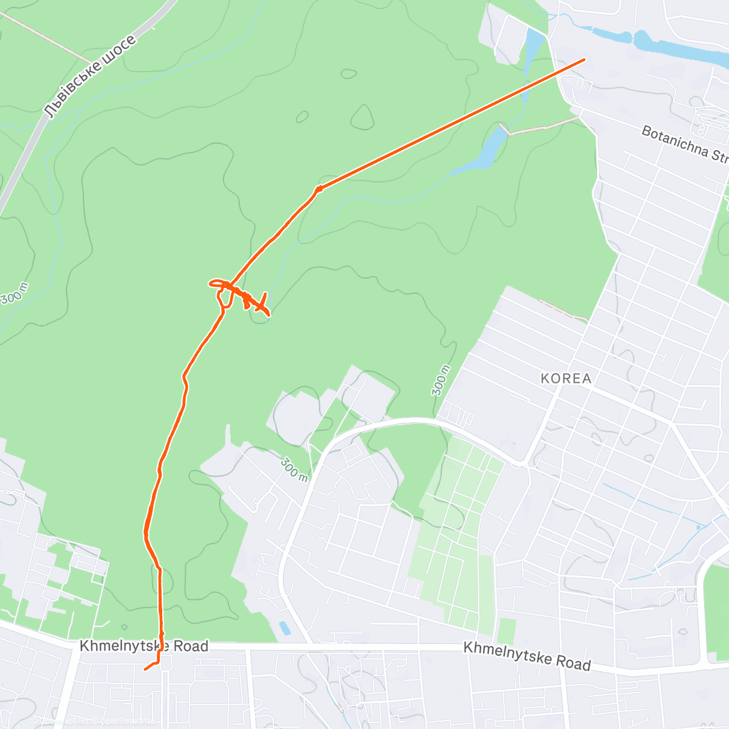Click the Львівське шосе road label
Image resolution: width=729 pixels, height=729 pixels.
(90, 77)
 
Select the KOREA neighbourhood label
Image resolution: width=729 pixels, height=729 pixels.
(566, 378)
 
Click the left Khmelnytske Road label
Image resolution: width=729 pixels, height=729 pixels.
(144, 646)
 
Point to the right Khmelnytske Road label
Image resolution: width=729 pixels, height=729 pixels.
(527, 656)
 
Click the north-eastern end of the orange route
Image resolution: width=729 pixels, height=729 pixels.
(584, 60)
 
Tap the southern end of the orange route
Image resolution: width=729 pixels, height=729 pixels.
(145, 669)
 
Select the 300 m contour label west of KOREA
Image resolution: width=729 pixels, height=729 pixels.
(442, 380)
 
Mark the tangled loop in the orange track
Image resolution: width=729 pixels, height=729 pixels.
(240, 295)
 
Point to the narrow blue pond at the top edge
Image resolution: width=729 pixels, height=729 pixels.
(533, 49)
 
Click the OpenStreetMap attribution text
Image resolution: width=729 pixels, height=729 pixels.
(91, 721)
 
